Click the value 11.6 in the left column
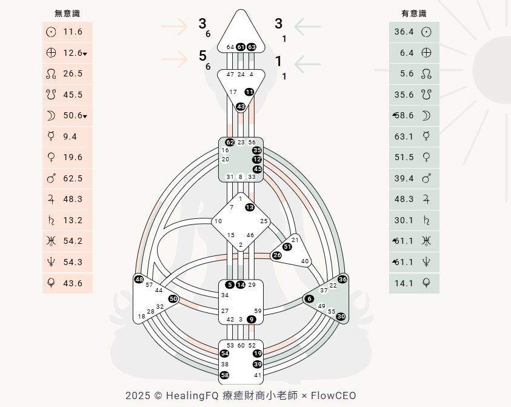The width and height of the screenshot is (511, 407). tap(73, 32)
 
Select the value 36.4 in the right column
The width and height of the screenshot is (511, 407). tap(404, 32)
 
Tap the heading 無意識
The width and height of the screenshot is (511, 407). tap(67, 13)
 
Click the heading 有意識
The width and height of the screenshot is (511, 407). tap(413, 13)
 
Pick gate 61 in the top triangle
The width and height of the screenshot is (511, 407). tap(241, 47)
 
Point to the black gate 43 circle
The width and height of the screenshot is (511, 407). tap(241, 106)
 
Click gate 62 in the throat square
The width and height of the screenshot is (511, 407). tap(230, 142)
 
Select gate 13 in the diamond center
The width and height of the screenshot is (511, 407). tap(250, 207)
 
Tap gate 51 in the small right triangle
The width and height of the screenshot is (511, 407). tap(287, 247)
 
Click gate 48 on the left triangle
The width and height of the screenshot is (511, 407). tap(139, 280)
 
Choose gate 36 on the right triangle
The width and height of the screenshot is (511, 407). tap(342, 279)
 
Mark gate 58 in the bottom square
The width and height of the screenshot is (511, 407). tap(225, 375)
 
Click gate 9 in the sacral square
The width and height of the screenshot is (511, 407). tap(252, 319)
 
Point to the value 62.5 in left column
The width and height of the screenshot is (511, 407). tap(73, 178)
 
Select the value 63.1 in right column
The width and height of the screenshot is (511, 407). tap(404, 136)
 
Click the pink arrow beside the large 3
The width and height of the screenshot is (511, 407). tap(175, 26)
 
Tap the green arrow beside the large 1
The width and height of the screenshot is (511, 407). tap(307, 64)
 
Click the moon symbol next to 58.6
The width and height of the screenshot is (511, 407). tap(426, 115)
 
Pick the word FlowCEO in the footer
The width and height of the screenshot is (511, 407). tap(333, 395)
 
